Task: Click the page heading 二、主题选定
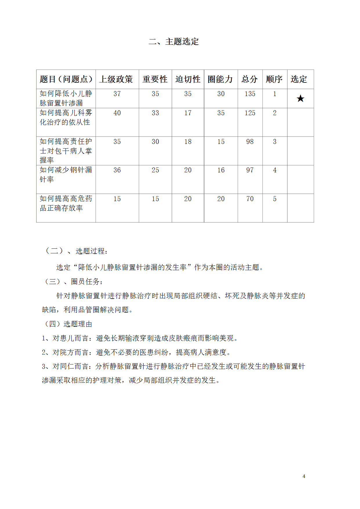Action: click(173, 41)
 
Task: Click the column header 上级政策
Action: click(116, 79)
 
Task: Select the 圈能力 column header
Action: click(220, 79)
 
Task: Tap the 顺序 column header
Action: click(274, 79)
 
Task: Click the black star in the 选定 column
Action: click(301, 99)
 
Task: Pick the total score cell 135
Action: click(250, 94)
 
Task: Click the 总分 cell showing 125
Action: click(250, 113)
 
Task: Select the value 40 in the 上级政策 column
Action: click(117, 113)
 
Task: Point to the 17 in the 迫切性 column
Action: click(188, 113)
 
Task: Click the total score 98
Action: click(250, 142)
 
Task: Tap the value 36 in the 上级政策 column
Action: click(117, 170)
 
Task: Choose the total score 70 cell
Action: click(250, 199)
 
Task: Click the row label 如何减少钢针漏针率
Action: click(66, 174)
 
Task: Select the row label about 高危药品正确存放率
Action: click(66, 203)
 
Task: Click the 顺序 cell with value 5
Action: click(275, 199)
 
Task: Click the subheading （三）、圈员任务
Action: click(73, 281)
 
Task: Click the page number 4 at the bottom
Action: click(304, 476)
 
